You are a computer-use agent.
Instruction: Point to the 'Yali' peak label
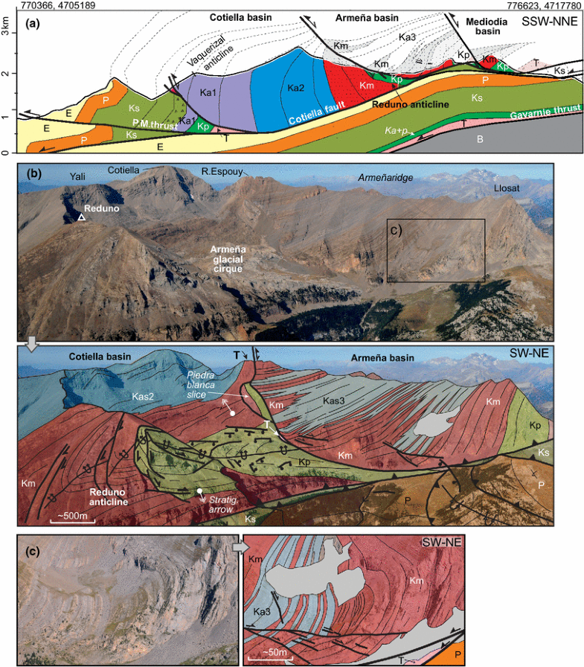tap(79, 177)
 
